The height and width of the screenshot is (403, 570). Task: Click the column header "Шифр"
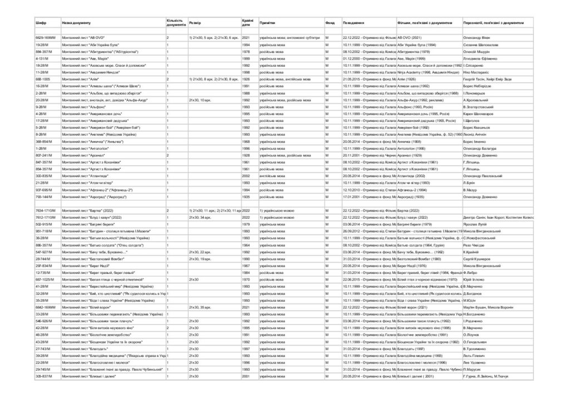[40, 23]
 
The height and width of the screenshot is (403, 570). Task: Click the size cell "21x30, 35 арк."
[200, 307]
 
